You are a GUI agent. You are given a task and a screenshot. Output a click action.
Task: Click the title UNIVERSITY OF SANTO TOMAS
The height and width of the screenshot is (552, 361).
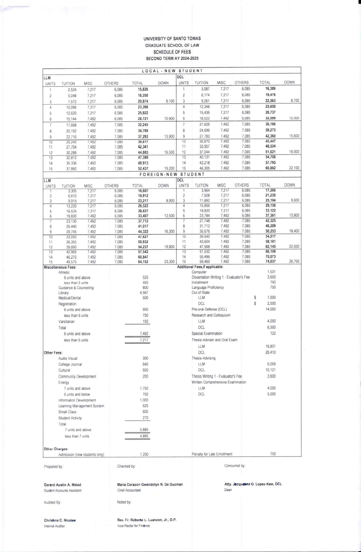(x=172, y=39)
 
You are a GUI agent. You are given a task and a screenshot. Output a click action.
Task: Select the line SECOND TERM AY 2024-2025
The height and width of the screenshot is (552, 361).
(x=172, y=58)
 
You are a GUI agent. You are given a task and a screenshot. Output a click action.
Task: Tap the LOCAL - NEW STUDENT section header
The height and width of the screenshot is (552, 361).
(x=172, y=71)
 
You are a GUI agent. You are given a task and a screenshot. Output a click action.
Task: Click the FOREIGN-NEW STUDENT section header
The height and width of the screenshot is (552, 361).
(x=172, y=174)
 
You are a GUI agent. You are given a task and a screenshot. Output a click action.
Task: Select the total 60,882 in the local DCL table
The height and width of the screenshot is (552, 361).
(x=270, y=168)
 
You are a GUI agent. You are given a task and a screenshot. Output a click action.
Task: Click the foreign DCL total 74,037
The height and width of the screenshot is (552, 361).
(x=270, y=261)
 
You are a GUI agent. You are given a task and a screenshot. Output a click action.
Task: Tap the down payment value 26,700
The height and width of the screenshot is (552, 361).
(x=294, y=261)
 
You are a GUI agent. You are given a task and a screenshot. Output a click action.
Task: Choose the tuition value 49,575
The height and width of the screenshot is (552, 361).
(x=71, y=262)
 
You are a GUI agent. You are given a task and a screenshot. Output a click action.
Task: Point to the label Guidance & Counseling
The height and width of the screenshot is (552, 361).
(x=76, y=288)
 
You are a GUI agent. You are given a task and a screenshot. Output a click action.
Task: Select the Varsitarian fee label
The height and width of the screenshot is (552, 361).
(x=67, y=322)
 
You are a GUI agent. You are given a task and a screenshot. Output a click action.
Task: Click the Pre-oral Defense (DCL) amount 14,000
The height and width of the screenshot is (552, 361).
(x=271, y=309)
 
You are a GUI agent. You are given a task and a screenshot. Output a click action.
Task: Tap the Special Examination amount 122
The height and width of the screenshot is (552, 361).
(x=273, y=333)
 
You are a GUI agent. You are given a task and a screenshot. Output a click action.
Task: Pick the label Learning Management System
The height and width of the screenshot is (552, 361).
(x=81, y=406)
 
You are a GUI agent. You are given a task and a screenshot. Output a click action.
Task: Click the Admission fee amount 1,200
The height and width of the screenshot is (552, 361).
(x=144, y=454)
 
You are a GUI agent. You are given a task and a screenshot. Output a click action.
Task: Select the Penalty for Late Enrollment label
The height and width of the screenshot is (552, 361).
(x=212, y=454)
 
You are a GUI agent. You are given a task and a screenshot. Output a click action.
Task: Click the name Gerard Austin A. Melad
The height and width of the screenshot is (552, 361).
(x=62, y=485)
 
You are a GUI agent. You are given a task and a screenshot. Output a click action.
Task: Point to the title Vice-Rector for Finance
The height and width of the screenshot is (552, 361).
(x=133, y=526)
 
